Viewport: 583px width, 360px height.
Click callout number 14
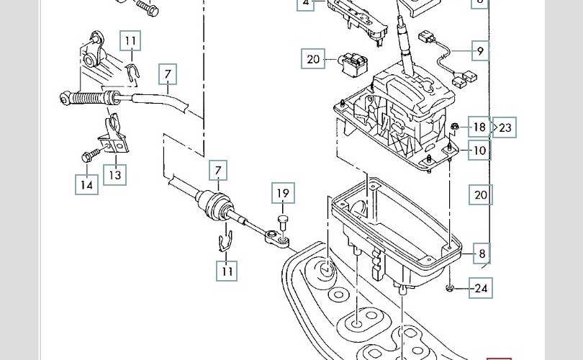[x=86, y=184]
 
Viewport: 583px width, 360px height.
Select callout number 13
[x=115, y=175]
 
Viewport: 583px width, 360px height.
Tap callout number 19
[x=283, y=193]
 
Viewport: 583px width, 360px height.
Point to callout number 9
[x=480, y=50]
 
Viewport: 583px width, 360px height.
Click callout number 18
[x=479, y=127]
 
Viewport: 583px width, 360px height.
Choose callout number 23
[x=505, y=127]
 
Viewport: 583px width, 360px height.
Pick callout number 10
[x=479, y=150]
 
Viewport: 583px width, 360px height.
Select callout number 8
[x=482, y=253]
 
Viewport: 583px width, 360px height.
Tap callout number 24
[x=481, y=288]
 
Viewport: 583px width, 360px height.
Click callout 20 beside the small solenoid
[x=313, y=59]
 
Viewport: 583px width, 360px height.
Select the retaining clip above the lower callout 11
[x=225, y=241]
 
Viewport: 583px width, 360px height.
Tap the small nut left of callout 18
[x=453, y=127]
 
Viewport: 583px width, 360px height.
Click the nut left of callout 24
[x=449, y=287]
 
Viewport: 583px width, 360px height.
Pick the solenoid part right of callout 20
[x=353, y=63]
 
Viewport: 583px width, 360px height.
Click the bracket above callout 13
[x=114, y=136]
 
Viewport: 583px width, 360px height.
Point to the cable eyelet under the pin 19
[x=276, y=238]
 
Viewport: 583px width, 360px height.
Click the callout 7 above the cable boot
[x=218, y=171]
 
